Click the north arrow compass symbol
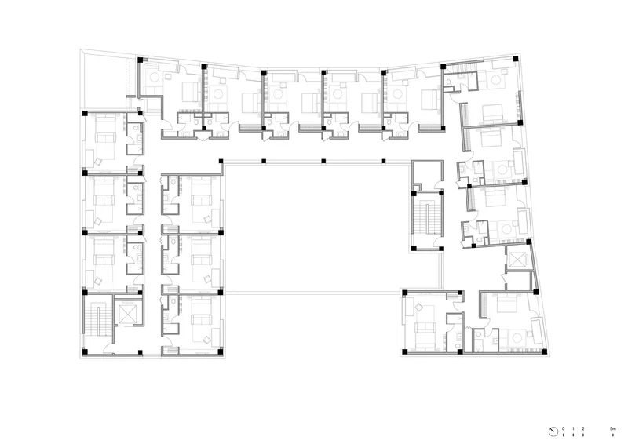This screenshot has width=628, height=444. pyautogui.click(x=553, y=431)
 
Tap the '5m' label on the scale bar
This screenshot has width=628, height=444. pyautogui.click(x=612, y=428)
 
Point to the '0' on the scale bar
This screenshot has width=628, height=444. pyautogui.click(x=563, y=428)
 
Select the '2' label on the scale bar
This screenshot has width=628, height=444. pyautogui.click(x=582, y=428)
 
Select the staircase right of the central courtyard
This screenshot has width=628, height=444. pyautogui.click(x=427, y=220)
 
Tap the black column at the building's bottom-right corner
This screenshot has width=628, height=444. pyautogui.click(x=544, y=351)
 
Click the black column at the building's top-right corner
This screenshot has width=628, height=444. pyautogui.click(x=516, y=59)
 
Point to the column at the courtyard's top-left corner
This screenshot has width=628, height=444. pyautogui.click(x=221, y=161)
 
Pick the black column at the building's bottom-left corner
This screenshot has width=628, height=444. pyautogui.click(x=85, y=352)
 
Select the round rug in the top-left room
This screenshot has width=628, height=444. pyautogui.click(x=155, y=78)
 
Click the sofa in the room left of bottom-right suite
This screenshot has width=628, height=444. pyautogui.click(x=425, y=327)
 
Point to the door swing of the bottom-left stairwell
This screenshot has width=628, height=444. pyautogui.click(x=108, y=349)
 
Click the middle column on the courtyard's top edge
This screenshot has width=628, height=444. pyautogui.click(x=323, y=161)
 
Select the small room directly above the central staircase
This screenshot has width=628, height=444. pyautogui.click(x=427, y=175)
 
